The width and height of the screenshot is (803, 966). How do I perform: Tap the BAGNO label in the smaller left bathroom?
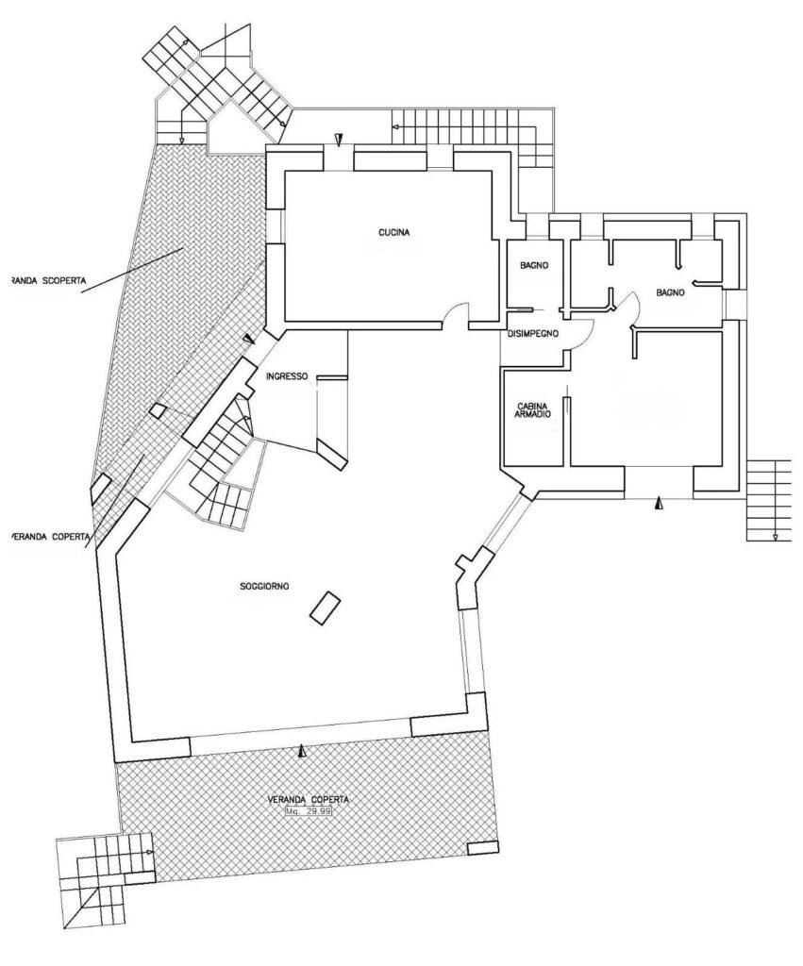tap(534, 266)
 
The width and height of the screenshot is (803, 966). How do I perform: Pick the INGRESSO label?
tap(287, 375)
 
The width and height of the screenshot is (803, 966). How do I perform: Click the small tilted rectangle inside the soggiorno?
tap(326, 606)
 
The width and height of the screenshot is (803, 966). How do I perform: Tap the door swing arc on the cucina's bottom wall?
tap(456, 314)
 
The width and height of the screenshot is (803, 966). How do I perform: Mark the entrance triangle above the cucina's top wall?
tap(338, 142)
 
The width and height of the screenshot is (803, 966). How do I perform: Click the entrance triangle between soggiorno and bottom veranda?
tap(302, 751)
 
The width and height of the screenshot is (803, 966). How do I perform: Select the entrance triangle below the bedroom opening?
tap(659, 505)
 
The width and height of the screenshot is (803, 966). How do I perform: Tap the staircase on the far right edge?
tap(768, 500)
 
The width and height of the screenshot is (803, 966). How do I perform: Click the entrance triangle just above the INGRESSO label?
tap(249, 339)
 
